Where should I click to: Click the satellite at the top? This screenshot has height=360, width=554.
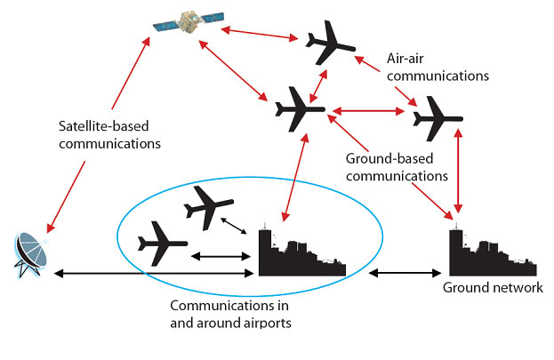point(189,22)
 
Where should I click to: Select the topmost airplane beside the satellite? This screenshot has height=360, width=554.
point(330,43)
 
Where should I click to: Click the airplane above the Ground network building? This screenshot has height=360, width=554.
point(438,119)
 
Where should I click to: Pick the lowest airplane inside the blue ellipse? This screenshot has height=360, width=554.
point(163,244)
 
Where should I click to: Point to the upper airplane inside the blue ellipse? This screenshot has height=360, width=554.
point(208,208)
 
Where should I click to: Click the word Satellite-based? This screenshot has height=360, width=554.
point(103,126)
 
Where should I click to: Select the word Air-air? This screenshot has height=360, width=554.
point(405,59)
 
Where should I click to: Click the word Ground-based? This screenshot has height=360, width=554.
point(389,158)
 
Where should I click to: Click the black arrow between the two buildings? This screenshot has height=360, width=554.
point(405,273)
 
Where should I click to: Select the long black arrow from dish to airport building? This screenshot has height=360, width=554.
point(154,273)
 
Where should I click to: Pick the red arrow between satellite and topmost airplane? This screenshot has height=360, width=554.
point(260,33)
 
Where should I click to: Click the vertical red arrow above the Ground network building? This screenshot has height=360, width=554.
point(458,171)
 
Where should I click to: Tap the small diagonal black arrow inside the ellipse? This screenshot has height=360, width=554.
point(234,226)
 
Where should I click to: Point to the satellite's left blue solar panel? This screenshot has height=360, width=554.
point(166,26)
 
